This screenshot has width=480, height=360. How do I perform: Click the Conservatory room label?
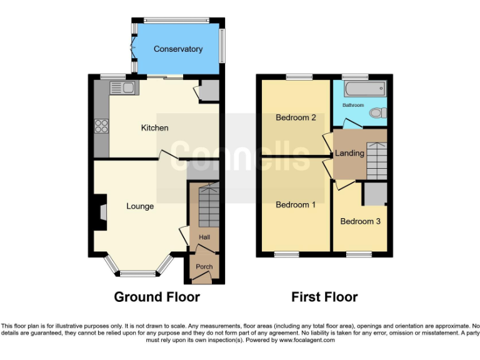click(x=178, y=49)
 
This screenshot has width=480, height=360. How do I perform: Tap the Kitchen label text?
click(x=154, y=127)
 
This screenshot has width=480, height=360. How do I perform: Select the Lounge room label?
click(x=140, y=206)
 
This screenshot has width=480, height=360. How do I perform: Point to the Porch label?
click(x=204, y=267)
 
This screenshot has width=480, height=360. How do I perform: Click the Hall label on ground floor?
click(x=204, y=237)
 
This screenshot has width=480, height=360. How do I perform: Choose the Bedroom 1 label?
click(x=296, y=204)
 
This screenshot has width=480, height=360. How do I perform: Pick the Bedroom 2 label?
click(x=296, y=117)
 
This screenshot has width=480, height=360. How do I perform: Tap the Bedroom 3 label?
click(x=360, y=221)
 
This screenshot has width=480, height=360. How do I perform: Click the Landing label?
click(x=349, y=153)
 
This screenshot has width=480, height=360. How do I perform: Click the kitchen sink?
click(x=128, y=88)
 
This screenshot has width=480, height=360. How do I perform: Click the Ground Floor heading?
click(x=157, y=297)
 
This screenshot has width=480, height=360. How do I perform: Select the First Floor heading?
click(x=324, y=297)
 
